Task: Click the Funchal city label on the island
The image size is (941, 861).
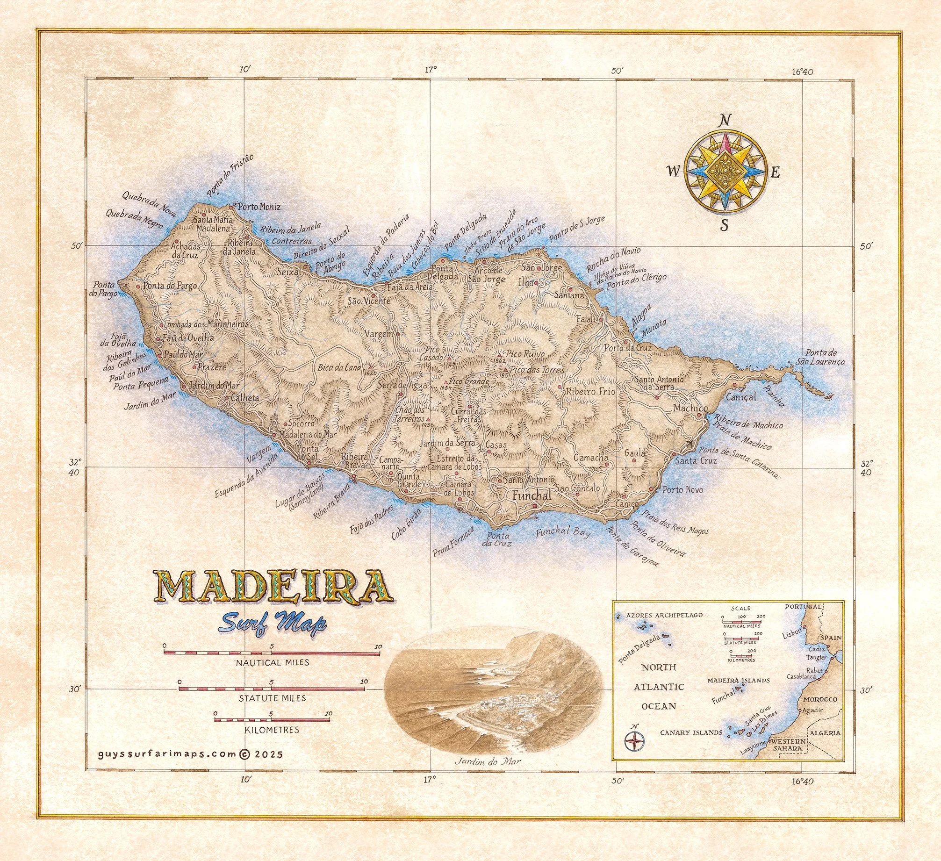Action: [532, 496]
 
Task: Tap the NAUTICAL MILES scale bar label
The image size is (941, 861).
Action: [272, 662]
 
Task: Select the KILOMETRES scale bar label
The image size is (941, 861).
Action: [272, 730]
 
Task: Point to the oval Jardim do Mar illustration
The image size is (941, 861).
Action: [491, 696]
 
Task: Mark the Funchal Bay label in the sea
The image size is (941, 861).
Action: [563, 532]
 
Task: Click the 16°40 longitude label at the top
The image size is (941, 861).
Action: [803, 72]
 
